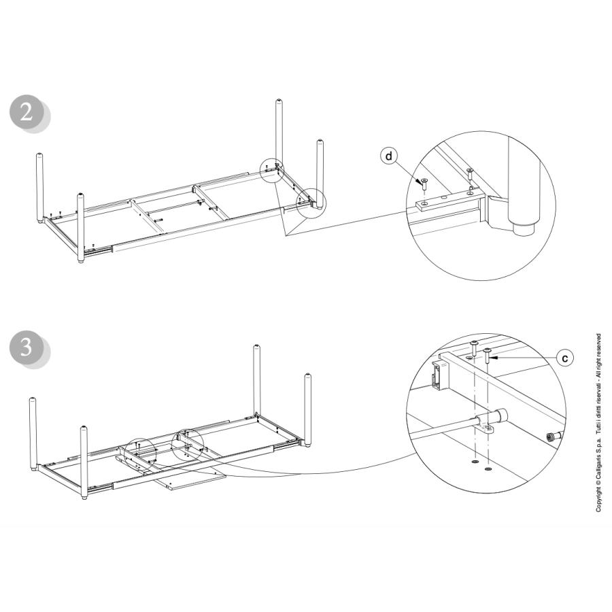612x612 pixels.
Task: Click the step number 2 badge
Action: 27,112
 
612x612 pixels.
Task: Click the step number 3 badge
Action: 27,347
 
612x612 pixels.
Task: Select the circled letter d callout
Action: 389,156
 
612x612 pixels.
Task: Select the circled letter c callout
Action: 564,358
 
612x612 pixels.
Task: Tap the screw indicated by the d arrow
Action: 424,183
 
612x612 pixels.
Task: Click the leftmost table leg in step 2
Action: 40,188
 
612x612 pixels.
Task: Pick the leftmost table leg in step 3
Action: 33,432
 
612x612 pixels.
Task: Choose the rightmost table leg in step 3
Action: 308,410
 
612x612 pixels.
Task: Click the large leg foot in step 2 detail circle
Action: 524,187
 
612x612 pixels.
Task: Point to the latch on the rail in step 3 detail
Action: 439,375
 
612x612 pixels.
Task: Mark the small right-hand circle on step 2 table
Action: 311,203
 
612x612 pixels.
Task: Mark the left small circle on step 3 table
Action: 139,453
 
